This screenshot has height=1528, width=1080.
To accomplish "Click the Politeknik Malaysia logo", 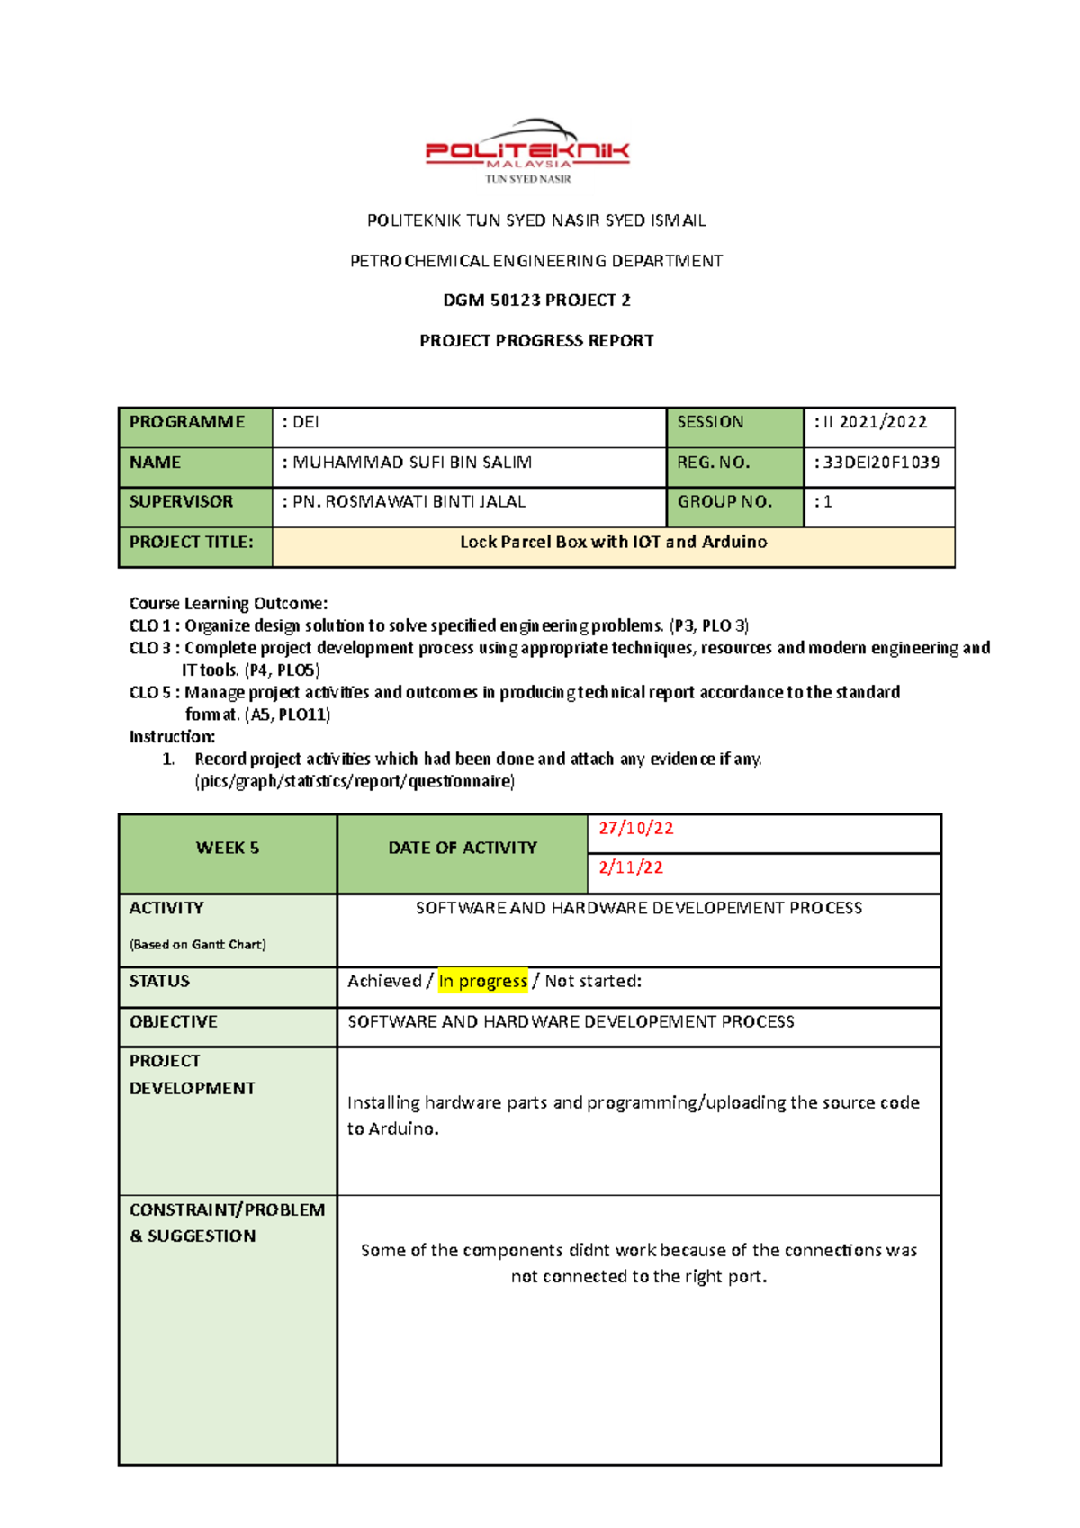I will (x=528, y=151).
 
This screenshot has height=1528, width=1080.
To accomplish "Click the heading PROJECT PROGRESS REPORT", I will (x=536, y=341).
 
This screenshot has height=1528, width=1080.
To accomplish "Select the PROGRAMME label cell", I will (x=187, y=422).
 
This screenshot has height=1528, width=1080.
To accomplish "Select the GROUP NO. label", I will (x=724, y=502).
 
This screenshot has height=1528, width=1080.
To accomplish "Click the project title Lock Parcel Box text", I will (x=613, y=542).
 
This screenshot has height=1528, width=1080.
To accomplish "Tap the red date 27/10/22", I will (x=636, y=829).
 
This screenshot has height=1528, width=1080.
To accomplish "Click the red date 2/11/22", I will (x=631, y=867).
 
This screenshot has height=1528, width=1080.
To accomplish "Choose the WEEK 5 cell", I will (x=228, y=848).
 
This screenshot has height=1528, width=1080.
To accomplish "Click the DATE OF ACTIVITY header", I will (x=463, y=848).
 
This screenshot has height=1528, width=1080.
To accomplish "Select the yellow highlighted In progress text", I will (x=483, y=981).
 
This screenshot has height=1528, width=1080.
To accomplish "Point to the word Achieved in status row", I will (x=384, y=981).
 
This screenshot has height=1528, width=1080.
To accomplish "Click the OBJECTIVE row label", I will (x=174, y=1022).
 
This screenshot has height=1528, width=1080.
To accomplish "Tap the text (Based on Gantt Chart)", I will (x=198, y=945).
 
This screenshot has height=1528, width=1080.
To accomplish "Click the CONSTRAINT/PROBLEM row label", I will (x=227, y=1210).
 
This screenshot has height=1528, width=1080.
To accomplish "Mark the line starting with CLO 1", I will (x=439, y=625).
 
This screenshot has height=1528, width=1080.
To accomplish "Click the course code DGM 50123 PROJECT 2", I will (x=536, y=301).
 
